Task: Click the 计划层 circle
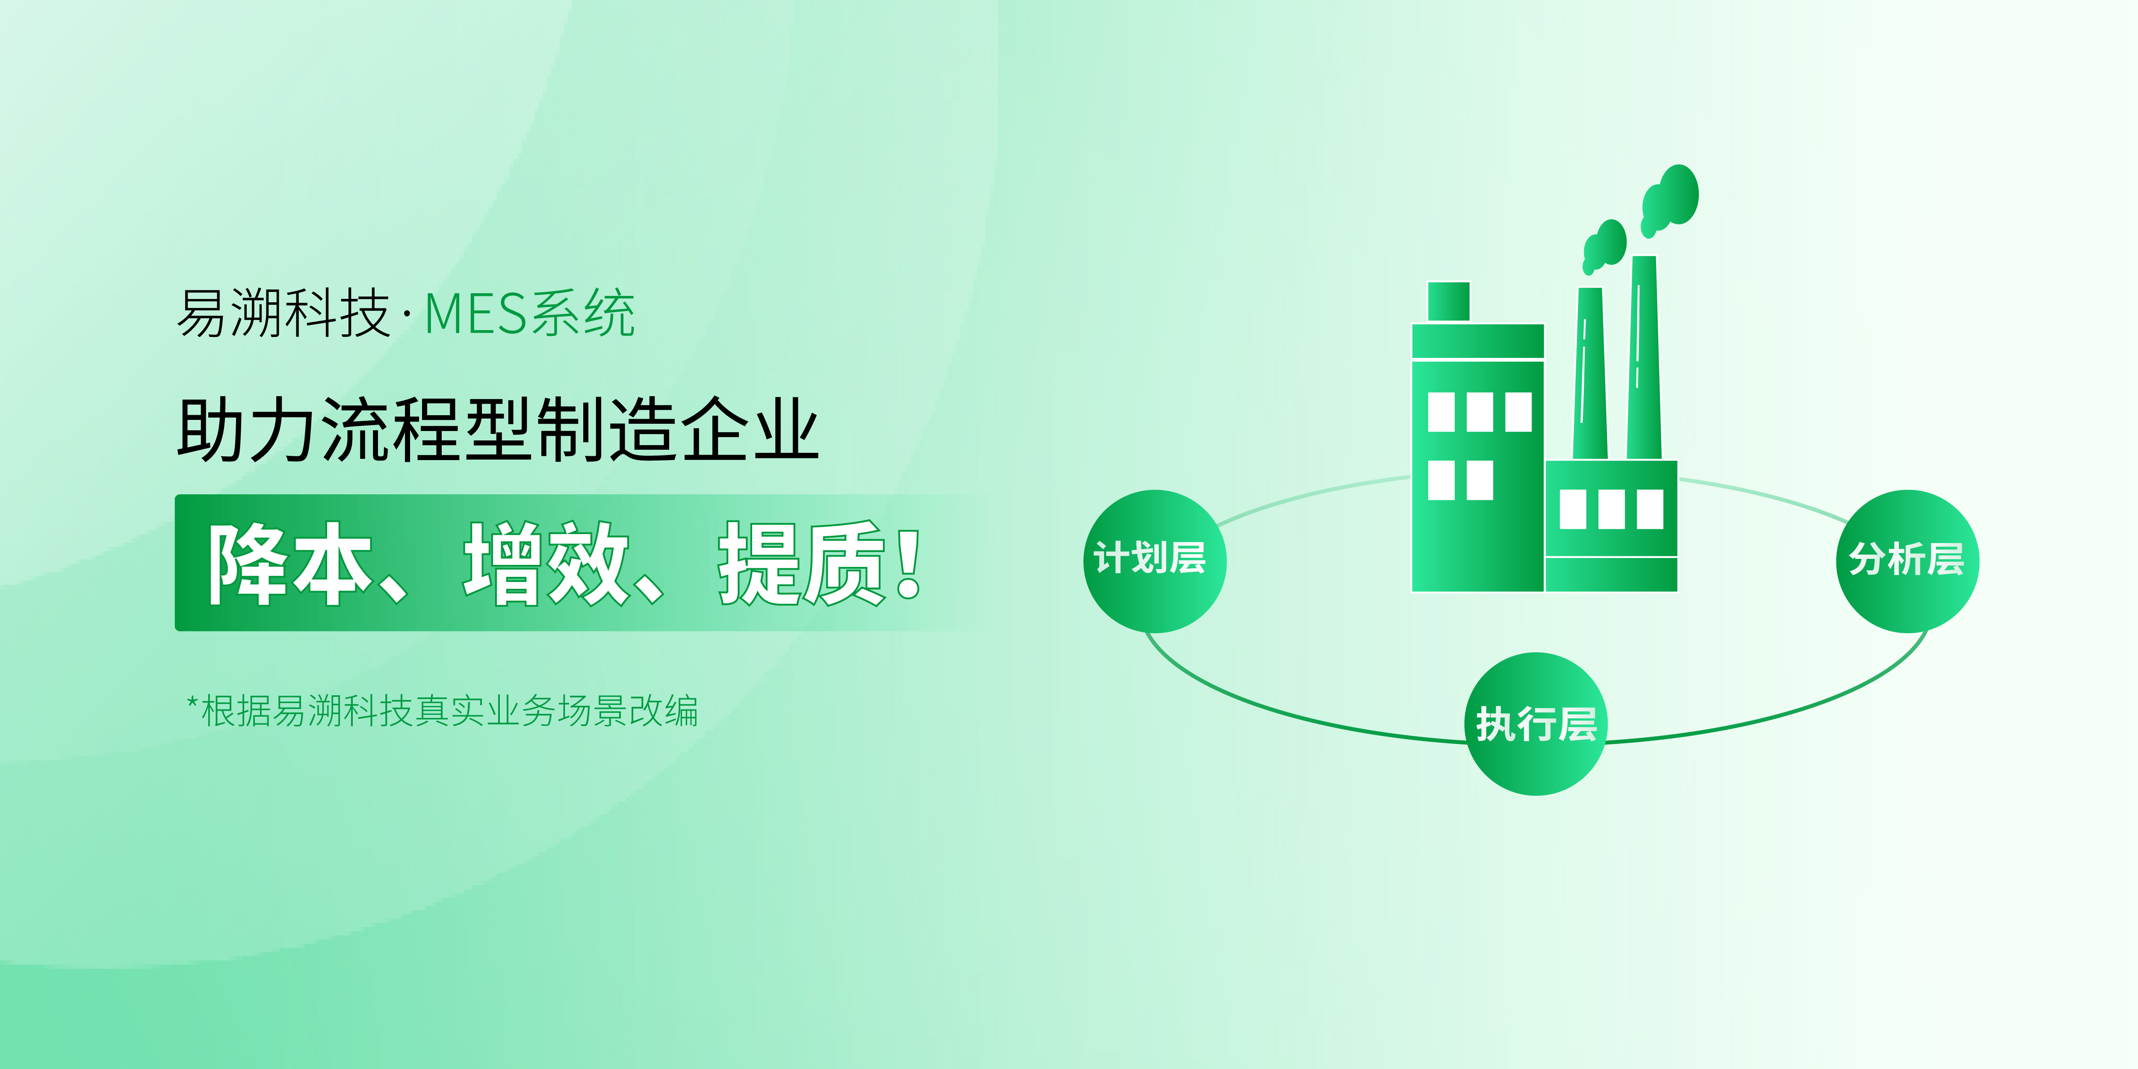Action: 1155,561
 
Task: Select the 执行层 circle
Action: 1536,724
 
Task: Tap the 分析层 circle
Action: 1907,561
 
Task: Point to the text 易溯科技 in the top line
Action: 283,314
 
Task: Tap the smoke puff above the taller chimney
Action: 1670,199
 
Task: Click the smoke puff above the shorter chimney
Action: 1603,246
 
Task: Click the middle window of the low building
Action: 1612,509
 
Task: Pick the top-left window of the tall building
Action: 1441,412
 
